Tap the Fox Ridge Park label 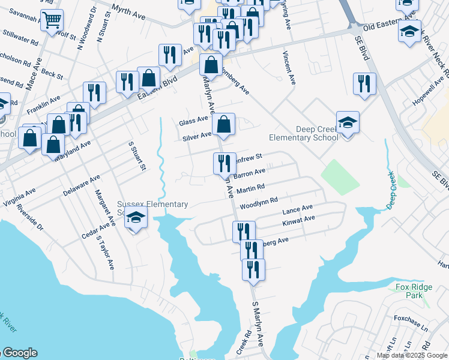tap(410, 292)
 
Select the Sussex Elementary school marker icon tap(136, 219)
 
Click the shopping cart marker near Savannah tap(52, 21)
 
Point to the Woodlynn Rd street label tap(259, 203)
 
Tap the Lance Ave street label tap(298, 209)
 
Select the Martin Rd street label tap(251, 190)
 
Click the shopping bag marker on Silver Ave tap(223, 125)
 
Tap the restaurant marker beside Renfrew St tap(221, 163)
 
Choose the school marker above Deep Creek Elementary tap(348, 122)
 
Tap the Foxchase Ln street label tap(411, 321)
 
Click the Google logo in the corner tap(19, 353)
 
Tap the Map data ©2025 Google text tap(412, 355)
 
